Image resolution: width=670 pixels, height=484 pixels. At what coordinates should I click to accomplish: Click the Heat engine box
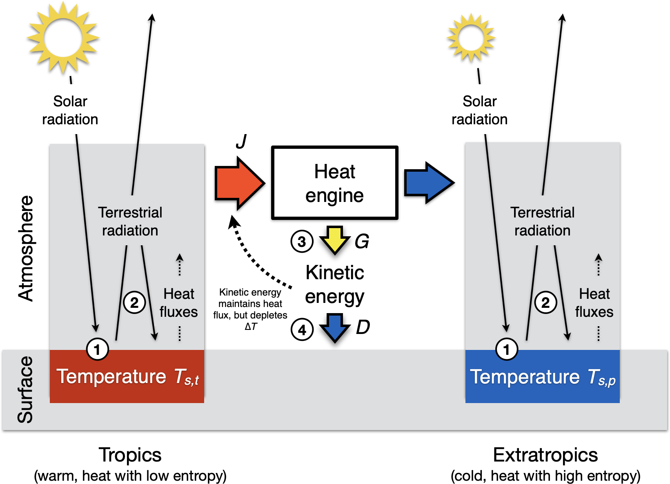[334, 183]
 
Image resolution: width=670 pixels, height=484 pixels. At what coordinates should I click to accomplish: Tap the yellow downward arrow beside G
[334, 239]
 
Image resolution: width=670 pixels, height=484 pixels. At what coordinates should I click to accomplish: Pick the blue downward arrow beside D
[335, 327]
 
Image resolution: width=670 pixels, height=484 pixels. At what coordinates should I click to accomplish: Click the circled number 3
[302, 241]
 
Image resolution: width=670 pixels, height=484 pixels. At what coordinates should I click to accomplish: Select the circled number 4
[302, 329]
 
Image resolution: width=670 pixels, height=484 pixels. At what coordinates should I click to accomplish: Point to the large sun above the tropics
[63, 38]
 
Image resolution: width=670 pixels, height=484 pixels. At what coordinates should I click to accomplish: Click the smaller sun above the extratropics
[471, 38]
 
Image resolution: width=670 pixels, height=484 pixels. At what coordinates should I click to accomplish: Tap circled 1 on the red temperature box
[97, 350]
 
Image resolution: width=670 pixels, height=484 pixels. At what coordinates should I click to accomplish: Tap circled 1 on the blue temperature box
[506, 350]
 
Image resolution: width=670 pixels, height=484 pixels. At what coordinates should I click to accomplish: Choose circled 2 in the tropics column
[134, 303]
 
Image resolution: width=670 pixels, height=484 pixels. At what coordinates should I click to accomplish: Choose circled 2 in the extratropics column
[545, 303]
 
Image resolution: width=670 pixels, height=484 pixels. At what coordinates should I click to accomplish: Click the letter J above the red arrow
[241, 141]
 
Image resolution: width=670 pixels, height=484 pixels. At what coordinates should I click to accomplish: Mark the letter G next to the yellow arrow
[362, 241]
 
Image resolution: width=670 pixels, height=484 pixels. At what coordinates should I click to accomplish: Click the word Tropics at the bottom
[130, 455]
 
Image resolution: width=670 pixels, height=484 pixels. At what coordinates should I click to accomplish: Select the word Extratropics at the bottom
[545, 455]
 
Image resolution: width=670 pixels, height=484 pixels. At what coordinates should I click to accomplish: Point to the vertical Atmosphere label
[26, 249]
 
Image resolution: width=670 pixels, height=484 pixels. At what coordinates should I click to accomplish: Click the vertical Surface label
[25, 389]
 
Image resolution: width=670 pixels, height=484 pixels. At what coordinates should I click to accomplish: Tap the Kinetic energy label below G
[335, 285]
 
